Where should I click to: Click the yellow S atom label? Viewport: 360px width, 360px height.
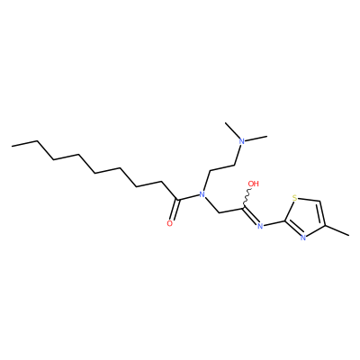tap(294, 198)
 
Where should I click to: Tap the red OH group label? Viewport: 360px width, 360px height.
tap(254, 184)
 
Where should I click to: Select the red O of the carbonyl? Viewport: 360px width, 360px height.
tap(170, 223)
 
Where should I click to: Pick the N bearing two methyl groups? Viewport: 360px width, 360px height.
tap(242, 141)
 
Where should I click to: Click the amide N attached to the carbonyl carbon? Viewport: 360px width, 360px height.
tap(202, 194)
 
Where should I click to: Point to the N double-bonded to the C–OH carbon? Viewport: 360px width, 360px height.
tap(260, 226)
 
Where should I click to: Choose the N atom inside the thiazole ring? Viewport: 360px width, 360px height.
tap(303, 238)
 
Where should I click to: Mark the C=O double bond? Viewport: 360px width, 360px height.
tap(175, 210)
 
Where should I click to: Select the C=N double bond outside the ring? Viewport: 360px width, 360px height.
tap(250, 215)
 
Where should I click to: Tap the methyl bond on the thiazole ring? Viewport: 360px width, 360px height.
tap(337, 229)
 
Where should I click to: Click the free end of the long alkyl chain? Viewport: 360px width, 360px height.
tap(12, 146)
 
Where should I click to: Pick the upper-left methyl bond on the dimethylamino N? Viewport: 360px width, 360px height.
tap(232, 130)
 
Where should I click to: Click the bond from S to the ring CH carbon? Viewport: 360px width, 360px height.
tap(309, 200)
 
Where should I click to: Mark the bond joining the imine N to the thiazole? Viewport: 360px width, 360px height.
tap(274, 223)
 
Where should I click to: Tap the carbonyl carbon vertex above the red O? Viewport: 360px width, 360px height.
tap(178, 200)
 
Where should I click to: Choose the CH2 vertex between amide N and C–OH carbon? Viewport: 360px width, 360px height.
tap(220, 212)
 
